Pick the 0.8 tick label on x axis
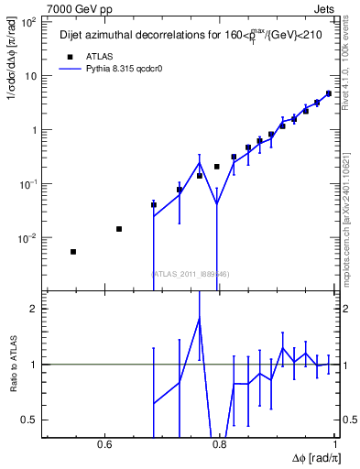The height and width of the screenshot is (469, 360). point(219,445)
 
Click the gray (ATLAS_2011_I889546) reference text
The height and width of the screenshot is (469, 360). point(191,274)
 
